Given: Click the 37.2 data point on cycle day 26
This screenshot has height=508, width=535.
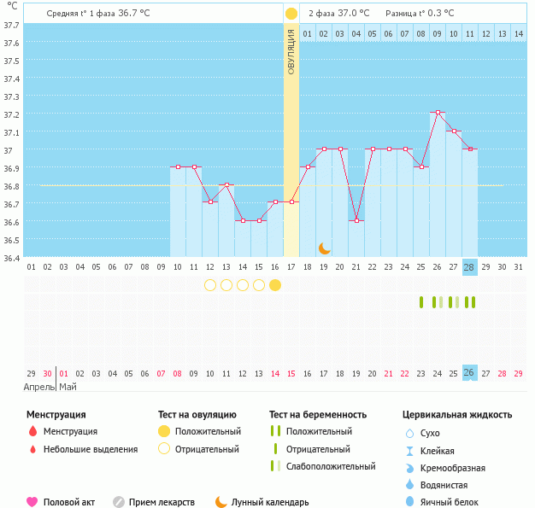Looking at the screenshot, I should pyautogui.click(x=437, y=113).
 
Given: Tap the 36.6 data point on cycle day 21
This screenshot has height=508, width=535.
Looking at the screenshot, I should pyautogui.click(x=356, y=220).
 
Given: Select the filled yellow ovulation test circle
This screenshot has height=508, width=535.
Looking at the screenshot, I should pyautogui.click(x=274, y=284).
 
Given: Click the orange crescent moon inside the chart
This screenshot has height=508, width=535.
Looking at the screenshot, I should pyautogui.click(x=325, y=248).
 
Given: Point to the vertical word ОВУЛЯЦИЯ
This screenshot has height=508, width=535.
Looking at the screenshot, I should pyautogui.click(x=291, y=53).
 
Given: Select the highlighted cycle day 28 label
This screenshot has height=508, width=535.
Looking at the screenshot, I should pyautogui.click(x=469, y=266).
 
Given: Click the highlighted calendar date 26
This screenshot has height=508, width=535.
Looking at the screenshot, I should pyautogui.click(x=469, y=372).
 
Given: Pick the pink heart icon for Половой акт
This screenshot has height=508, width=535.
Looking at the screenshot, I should pyautogui.click(x=32, y=502).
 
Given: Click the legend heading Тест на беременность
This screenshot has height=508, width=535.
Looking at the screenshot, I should pyautogui.click(x=317, y=414).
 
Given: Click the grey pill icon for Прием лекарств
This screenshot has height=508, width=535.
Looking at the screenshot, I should pyautogui.click(x=118, y=502).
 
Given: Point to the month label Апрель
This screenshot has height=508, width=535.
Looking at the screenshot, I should pyautogui.click(x=38, y=387).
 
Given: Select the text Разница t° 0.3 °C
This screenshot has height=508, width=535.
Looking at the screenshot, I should pyautogui.click(x=420, y=13).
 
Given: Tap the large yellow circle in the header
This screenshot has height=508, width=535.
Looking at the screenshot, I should pyautogui.click(x=291, y=13).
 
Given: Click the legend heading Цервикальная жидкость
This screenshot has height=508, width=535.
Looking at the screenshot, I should pyautogui.click(x=457, y=414).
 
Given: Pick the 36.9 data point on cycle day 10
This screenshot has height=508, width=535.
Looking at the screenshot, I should pyautogui.click(x=178, y=166).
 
